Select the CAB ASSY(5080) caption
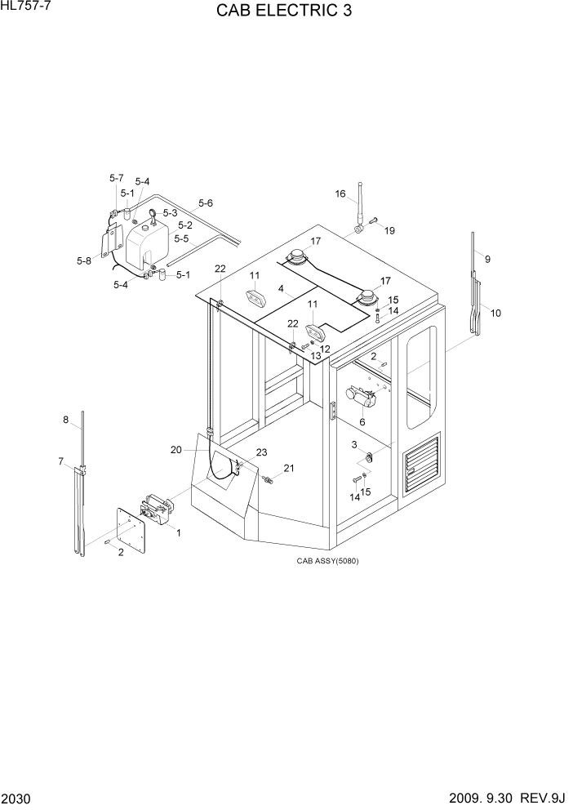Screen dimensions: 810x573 327,561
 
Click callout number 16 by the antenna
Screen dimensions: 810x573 340,194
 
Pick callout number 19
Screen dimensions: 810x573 389,230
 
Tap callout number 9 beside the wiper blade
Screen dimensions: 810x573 487,259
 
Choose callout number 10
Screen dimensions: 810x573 495,313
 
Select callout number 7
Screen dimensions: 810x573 60,461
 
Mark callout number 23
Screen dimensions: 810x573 261,452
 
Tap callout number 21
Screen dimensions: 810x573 288,468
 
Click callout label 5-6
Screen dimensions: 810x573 205,203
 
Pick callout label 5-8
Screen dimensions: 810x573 83,260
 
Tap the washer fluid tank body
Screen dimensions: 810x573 147,241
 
